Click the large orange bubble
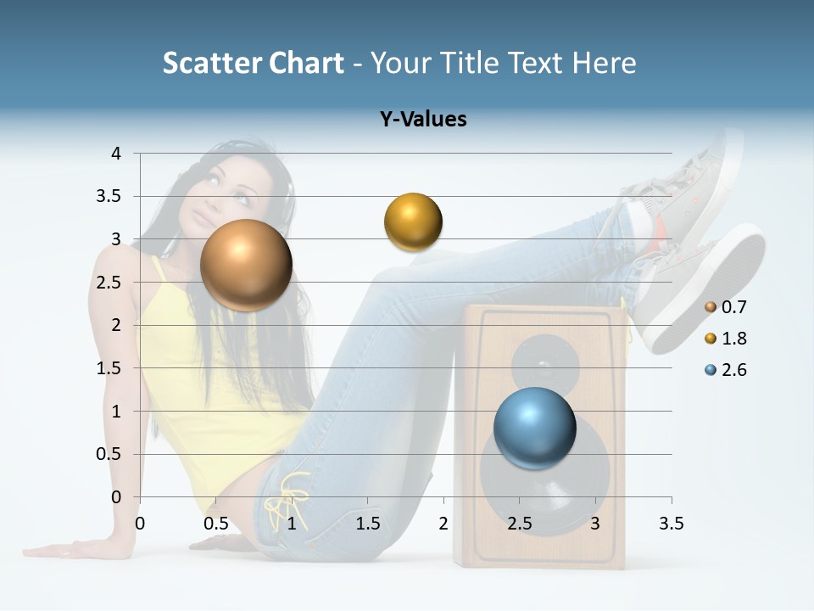coord(246,265)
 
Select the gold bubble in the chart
coord(413,221)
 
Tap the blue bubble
coord(534,428)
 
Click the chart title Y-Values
coord(423,119)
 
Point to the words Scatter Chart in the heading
coord(253,63)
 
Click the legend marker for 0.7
coord(711,307)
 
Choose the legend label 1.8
coord(734,339)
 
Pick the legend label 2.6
coord(734,370)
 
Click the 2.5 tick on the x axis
coord(519,524)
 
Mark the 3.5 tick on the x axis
coord(671,524)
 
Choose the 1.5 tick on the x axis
coord(367,524)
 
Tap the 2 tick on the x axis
coord(443,524)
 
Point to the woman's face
coord(229,188)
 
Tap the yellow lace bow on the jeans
coord(286,502)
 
